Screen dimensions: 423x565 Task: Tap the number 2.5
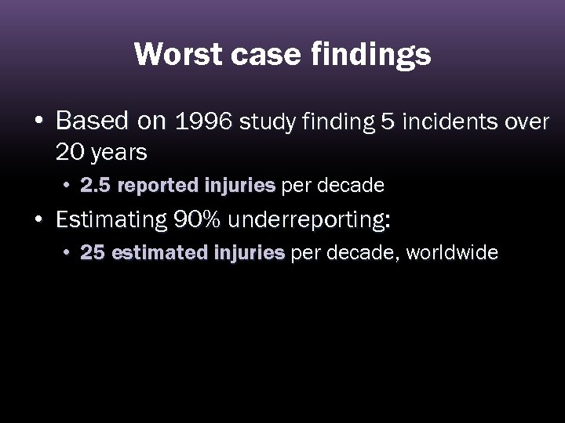click(x=96, y=186)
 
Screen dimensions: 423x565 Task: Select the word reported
click(x=159, y=186)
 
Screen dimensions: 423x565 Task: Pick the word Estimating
click(x=111, y=221)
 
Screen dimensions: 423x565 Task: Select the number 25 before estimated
click(x=92, y=253)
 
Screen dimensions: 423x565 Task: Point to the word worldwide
click(x=453, y=253)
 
